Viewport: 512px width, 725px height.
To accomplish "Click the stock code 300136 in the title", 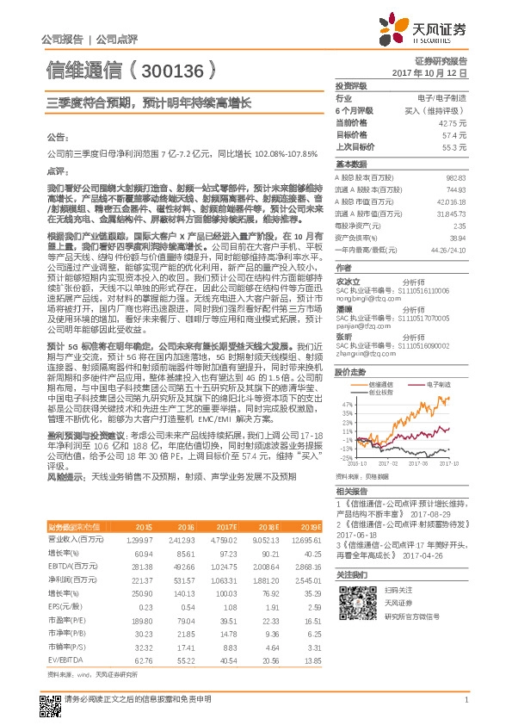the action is (x=172, y=68).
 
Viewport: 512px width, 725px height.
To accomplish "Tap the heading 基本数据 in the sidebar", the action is (x=350, y=164).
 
